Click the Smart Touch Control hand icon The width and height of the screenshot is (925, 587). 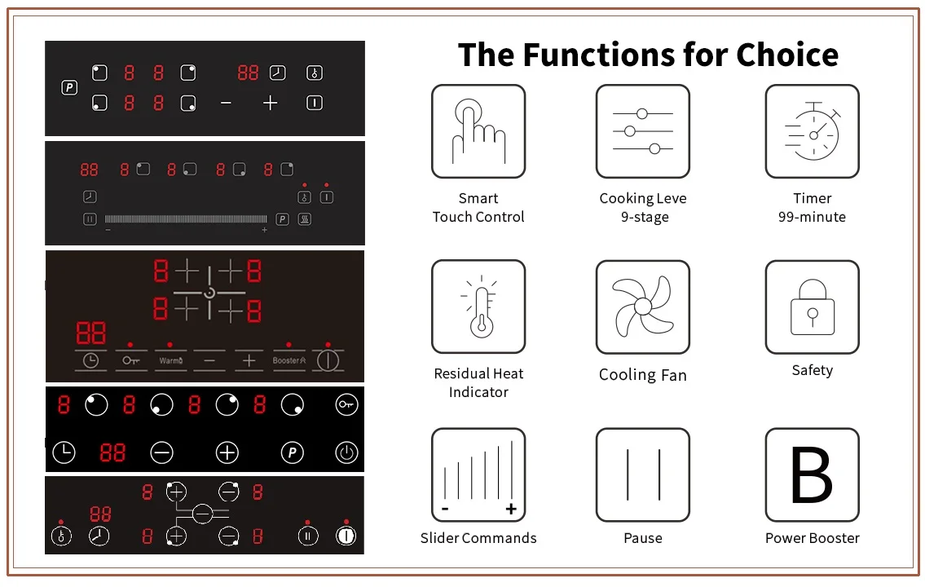478,131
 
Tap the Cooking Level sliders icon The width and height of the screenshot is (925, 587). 643,131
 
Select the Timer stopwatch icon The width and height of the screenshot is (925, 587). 812,131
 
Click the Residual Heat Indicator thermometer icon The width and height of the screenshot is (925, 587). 478,307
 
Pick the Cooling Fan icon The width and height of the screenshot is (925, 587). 643,307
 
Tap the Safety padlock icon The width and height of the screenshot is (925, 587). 812,307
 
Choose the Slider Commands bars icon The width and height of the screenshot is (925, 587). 478,475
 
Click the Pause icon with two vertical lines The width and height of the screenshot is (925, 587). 643,475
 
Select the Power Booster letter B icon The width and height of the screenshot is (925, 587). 812,475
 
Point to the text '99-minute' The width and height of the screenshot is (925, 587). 812,217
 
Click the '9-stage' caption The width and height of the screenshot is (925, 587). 644,217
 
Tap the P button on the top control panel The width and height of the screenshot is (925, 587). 69,87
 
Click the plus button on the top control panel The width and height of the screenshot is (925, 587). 271,103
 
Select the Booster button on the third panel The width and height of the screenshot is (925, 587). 289,360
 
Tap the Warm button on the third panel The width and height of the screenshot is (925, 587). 171,360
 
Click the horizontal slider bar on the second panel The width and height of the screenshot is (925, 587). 186,218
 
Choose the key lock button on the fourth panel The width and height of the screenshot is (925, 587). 346,404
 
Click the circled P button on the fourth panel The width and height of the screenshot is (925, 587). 292,452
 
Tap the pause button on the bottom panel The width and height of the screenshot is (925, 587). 307,536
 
